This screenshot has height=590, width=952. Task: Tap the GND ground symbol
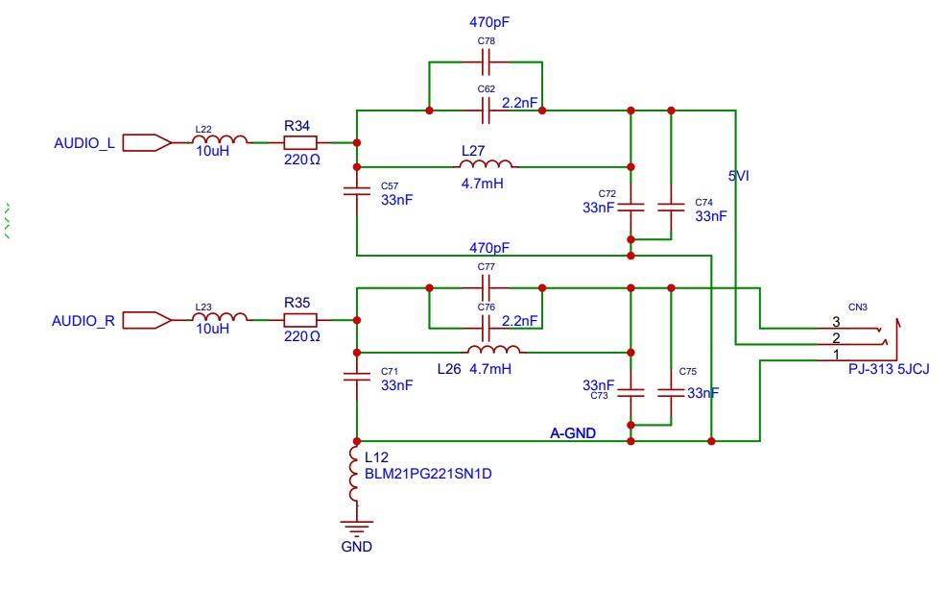tap(356, 527)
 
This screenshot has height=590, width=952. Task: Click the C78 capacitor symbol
tap(486, 63)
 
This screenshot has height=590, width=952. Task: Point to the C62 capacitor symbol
tap(486, 111)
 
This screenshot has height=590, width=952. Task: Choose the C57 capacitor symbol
tap(356, 192)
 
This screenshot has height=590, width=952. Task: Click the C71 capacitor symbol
tap(356, 379)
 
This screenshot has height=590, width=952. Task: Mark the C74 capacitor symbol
tap(671, 207)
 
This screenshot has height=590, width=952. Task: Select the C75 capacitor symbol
tap(671, 391)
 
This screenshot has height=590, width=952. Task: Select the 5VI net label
tap(740, 176)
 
